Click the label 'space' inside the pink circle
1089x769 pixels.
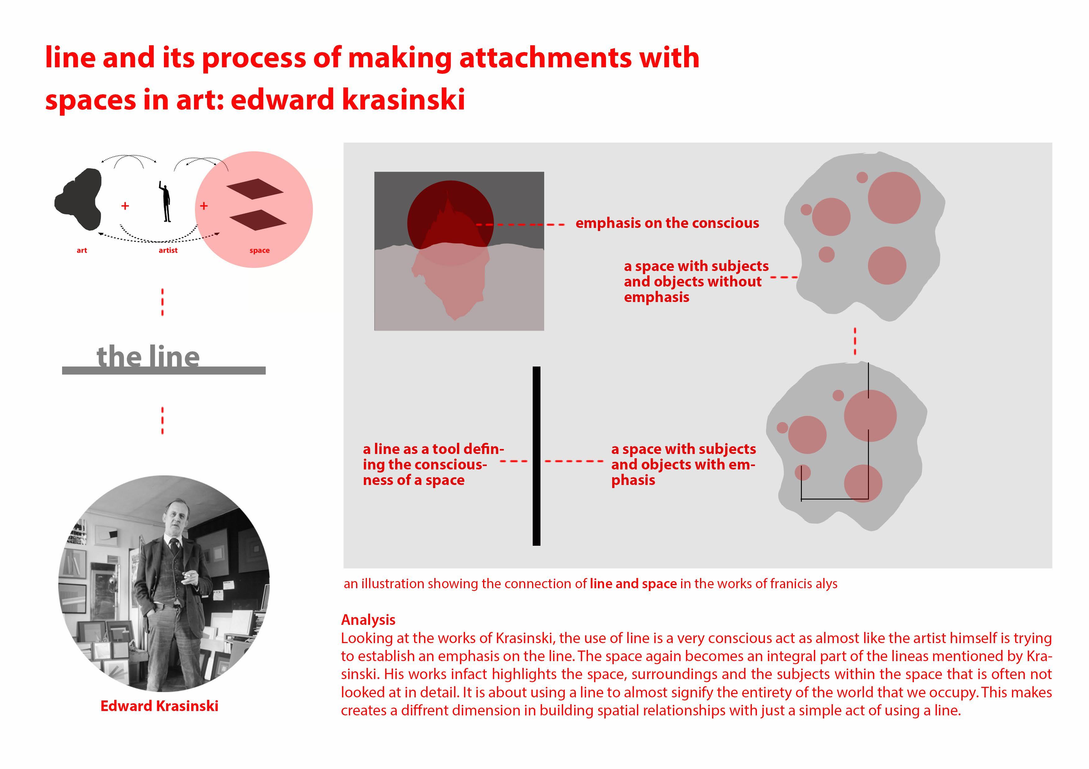click(260, 250)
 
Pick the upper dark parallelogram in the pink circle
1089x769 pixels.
click(255, 188)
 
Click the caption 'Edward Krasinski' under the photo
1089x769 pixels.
click(159, 706)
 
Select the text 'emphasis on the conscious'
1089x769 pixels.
click(667, 223)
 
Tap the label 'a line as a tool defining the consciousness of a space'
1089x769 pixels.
click(432, 464)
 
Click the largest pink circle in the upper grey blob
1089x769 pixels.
click(894, 198)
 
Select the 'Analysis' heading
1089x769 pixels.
click(368, 620)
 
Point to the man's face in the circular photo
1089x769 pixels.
click(174, 518)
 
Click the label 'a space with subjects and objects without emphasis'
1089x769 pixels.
click(695, 282)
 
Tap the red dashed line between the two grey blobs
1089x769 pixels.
click(855, 341)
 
